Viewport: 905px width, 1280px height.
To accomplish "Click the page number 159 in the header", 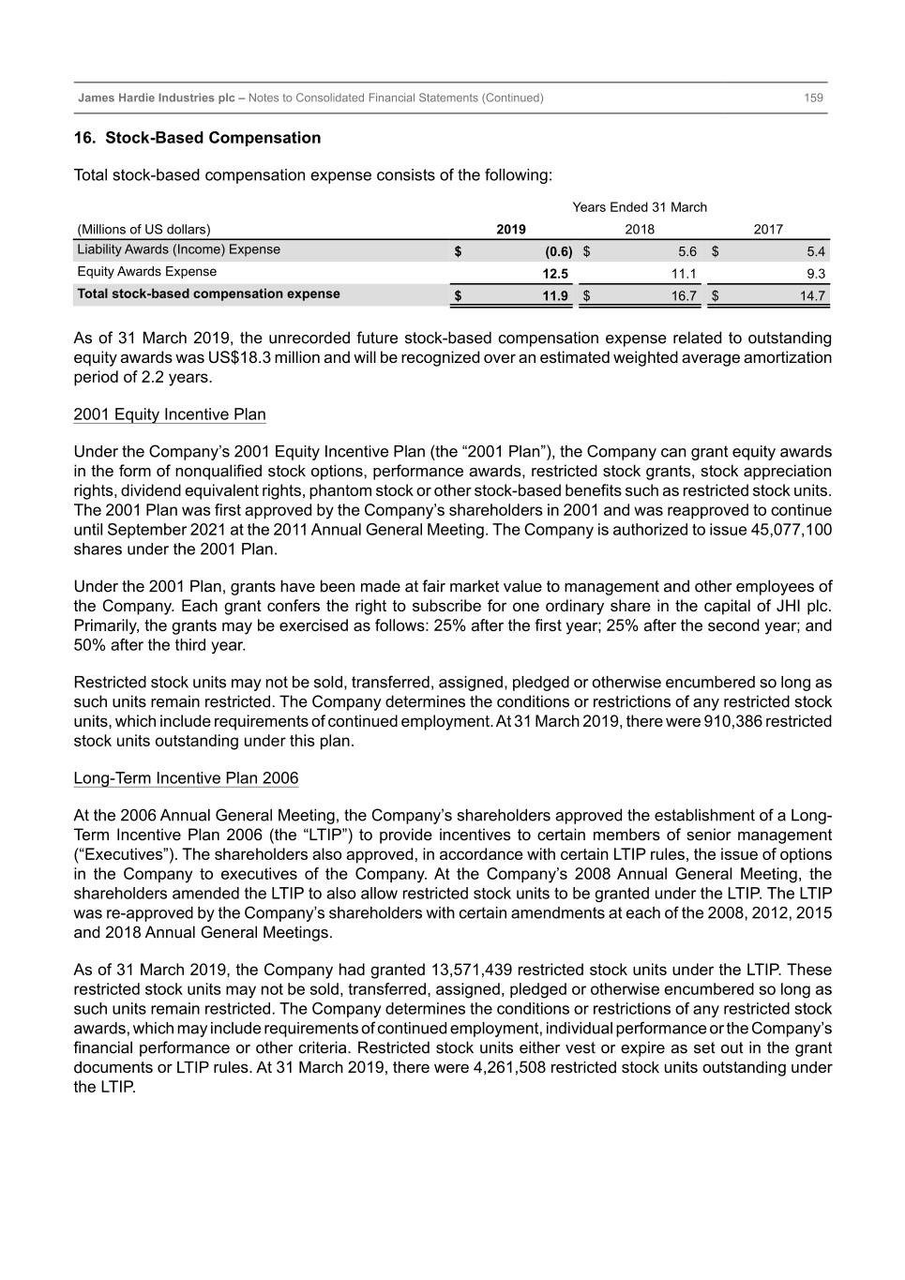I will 813,98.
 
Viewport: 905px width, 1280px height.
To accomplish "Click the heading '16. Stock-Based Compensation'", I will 198,138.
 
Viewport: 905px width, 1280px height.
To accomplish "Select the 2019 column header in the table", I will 511,229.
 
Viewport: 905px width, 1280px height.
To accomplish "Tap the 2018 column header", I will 640,229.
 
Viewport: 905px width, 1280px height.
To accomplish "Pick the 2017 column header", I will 768,229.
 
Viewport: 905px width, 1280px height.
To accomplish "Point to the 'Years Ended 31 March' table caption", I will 640,207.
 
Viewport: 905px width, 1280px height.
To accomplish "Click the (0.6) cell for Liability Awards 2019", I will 558,251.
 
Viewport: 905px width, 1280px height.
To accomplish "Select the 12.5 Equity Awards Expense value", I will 555,274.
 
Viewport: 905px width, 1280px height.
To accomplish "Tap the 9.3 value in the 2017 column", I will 815,274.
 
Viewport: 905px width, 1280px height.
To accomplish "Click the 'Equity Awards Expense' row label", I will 146,272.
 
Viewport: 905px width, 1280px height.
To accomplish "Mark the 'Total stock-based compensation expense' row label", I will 208,294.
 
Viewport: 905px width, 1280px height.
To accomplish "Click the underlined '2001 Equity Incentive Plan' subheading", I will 170,414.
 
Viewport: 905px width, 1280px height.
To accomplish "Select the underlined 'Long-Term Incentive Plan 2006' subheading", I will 186,778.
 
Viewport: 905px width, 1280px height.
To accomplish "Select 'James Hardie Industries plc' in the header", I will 156,98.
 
